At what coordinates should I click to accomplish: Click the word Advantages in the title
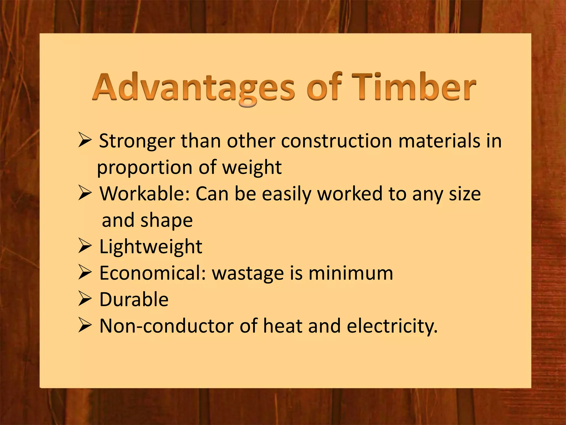pyautogui.click(x=193, y=87)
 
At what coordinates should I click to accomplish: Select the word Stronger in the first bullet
pyautogui.click(x=137, y=141)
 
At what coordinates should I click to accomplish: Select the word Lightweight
pyautogui.click(x=151, y=247)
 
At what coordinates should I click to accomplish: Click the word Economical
pyautogui.click(x=152, y=273)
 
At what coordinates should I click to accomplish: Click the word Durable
pyautogui.click(x=134, y=299)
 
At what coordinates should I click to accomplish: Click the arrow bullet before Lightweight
pyautogui.click(x=84, y=247)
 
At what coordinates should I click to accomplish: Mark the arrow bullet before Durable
pyautogui.click(x=84, y=299)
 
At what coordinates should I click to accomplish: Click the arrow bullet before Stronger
pyautogui.click(x=84, y=141)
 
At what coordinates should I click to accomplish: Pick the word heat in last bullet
pyautogui.click(x=283, y=326)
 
